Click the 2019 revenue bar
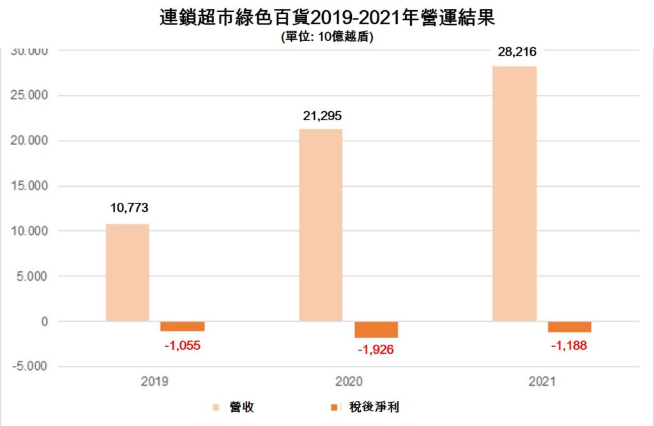click(x=127, y=272)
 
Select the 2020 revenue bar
click(x=321, y=225)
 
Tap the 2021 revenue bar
click(x=514, y=194)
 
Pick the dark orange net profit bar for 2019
click(x=183, y=326)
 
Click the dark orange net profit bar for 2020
click(x=376, y=329)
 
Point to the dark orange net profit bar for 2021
click(x=569, y=327)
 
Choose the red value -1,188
click(x=569, y=345)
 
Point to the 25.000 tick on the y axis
click(x=30, y=95)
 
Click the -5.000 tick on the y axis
click(x=28, y=367)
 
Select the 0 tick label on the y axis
click(x=44, y=322)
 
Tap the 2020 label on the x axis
click(x=348, y=382)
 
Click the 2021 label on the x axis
click(x=542, y=382)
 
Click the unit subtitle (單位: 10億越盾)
click(x=326, y=37)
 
